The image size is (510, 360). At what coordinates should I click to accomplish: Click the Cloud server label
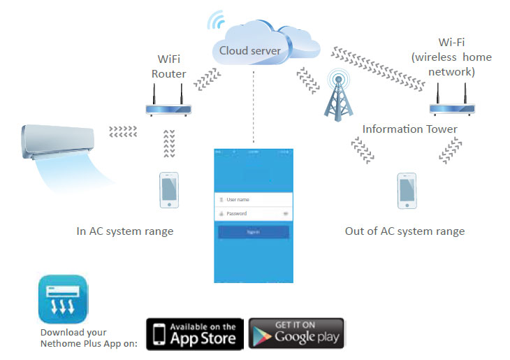(x=250, y=50)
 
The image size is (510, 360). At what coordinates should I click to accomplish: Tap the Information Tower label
(x=409, y=129)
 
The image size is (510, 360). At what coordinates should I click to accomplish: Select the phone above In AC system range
(x=168, y=191)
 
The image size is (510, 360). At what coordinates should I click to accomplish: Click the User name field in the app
(x=252, y=199)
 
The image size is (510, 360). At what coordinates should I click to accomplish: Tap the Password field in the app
(x=252, y=213)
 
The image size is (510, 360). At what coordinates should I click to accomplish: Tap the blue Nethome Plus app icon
(x=64, y=299)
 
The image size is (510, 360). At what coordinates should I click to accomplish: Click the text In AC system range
(x=124, y=231)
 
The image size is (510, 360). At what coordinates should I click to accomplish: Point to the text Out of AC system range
(x=405, y=231)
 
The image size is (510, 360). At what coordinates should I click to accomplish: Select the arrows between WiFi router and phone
(x=168, y=143)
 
